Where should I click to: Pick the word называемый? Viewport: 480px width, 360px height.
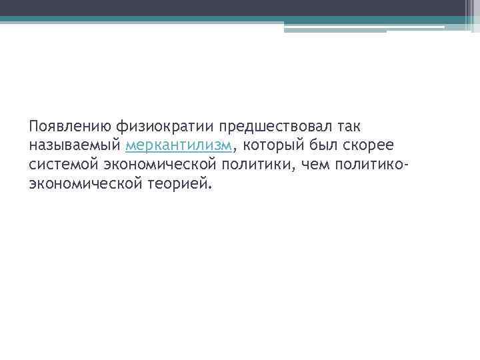click(74, 145)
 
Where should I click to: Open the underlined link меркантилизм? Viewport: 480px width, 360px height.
click(178, 145)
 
